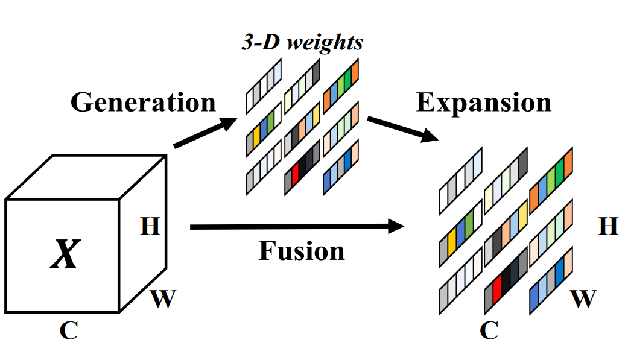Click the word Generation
[143, 102]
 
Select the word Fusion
[302, 250]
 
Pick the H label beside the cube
[150, 226]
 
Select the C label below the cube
[68, 331]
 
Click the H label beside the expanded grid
[608, 226]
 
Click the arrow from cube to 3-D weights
[205, 133]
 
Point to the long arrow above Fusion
[296, 227]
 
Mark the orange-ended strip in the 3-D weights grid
[340, 86]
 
